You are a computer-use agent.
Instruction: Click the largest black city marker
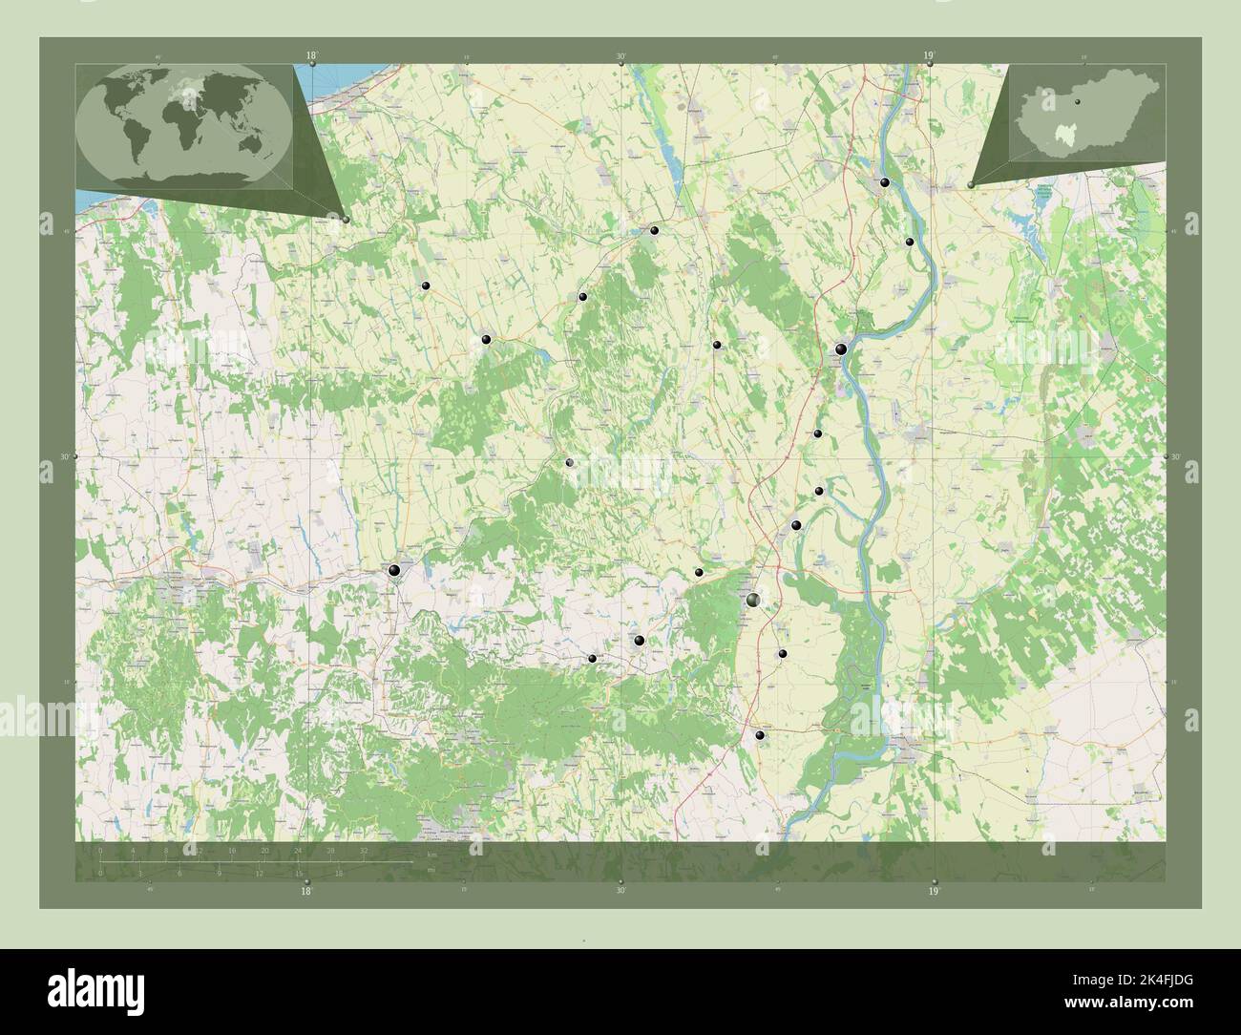pos(754,600)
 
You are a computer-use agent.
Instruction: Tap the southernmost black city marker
pos(760,735)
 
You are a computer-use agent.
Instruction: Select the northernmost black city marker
pos(886,182)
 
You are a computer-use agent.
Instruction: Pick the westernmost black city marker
pos(394,570)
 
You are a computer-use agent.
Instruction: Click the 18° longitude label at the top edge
pos(312,55)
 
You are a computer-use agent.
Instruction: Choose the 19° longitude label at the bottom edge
pos(934,891)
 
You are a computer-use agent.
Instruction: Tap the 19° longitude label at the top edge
pos(929,55)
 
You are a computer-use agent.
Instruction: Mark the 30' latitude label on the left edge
pos(65,457)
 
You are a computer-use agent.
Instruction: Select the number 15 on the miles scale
pos(299,874)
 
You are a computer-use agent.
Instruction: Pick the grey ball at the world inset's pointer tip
pos(346,220)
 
